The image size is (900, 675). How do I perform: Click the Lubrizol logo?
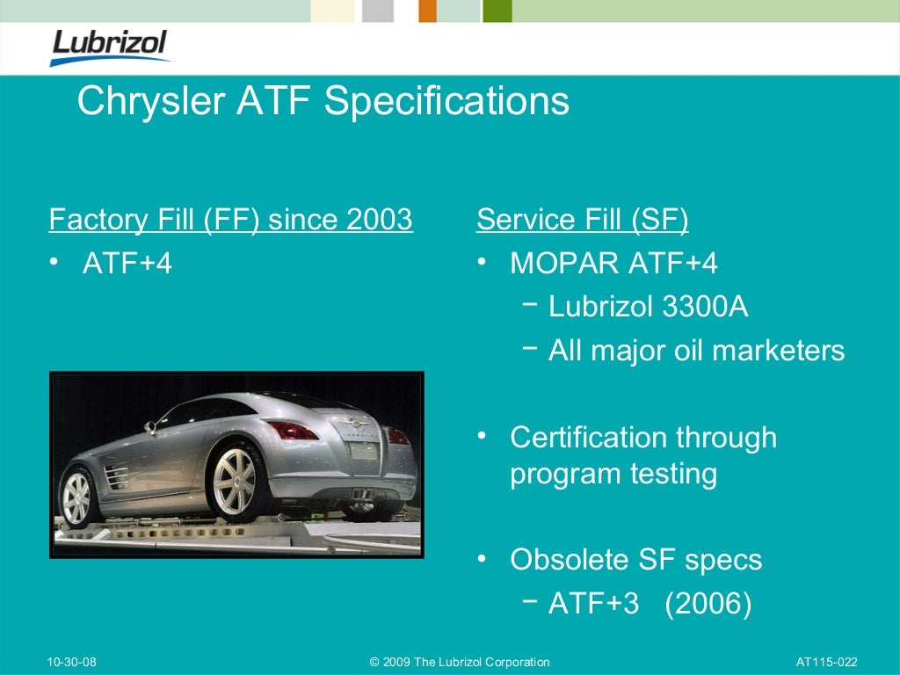pos(109,47)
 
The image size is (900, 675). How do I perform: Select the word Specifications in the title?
pos(446,101)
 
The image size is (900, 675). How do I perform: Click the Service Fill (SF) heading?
pos(582,220)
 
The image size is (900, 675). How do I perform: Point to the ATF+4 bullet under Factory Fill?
pos(127,264)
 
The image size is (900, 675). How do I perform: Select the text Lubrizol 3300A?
pos(648,307)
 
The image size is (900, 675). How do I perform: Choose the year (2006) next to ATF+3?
pos(708,604)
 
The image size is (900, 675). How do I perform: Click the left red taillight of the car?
pos(292,430)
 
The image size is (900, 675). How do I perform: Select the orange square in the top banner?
pos(428,11)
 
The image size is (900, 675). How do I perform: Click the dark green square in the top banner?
pos(497,11)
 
